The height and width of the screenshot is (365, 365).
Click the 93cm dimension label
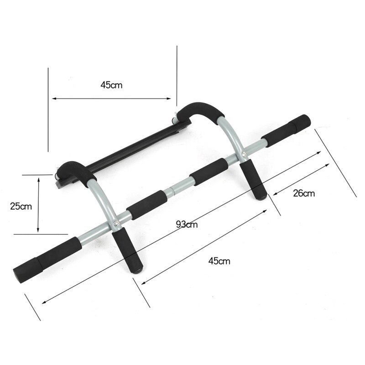187,224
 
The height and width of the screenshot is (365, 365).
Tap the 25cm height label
21,205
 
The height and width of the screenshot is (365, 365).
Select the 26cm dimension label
304,193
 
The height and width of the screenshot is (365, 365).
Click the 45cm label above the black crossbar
112,84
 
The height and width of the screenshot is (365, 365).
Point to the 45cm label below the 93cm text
219,261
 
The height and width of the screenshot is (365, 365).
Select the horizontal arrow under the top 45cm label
112,98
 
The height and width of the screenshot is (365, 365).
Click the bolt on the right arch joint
245,155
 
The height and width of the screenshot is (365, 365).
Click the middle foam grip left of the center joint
146,204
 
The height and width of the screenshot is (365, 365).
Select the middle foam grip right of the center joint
208,171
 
